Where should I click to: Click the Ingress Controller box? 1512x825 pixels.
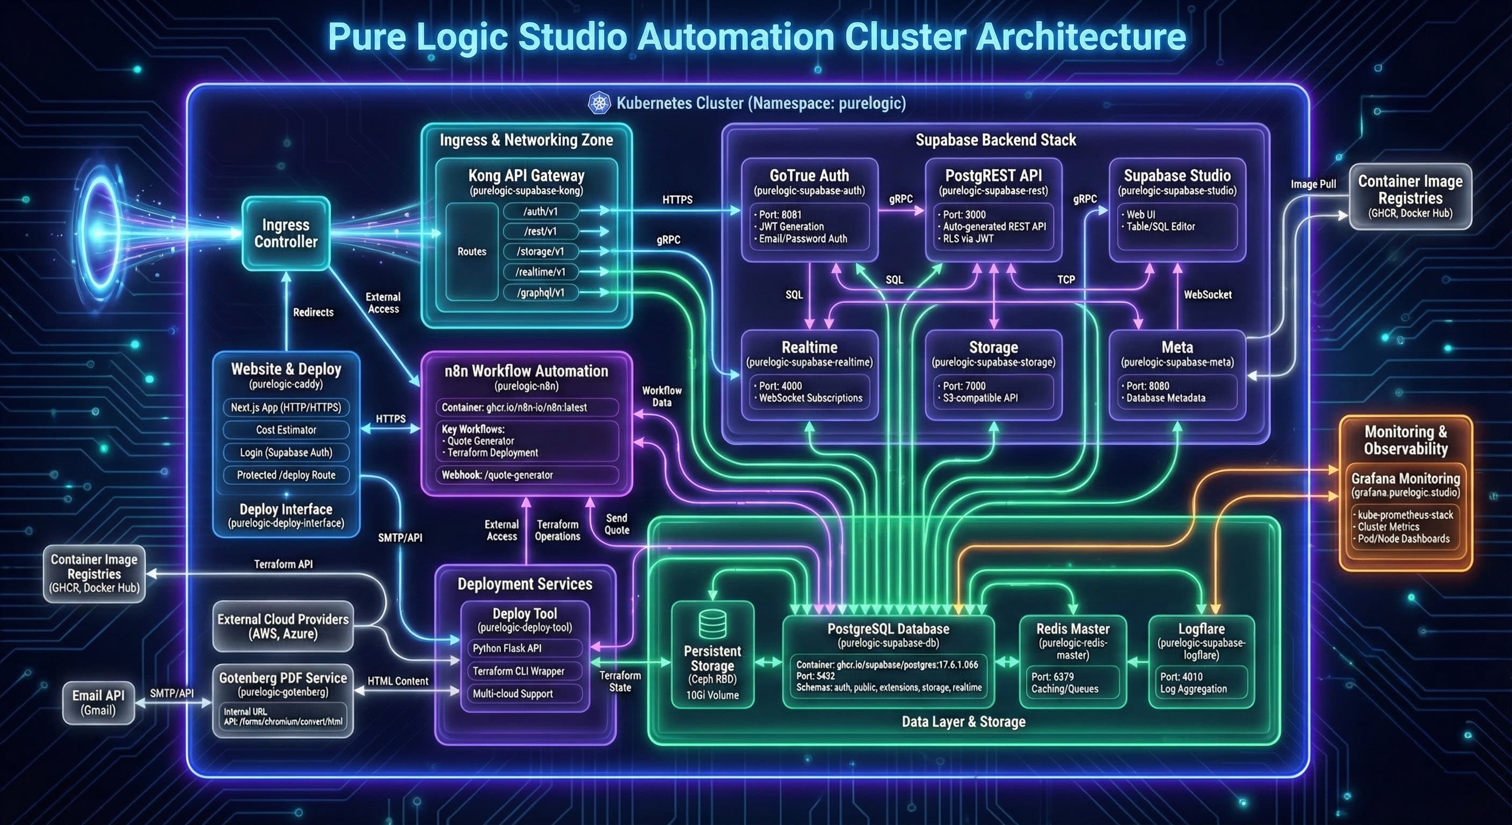(x=286, y=233)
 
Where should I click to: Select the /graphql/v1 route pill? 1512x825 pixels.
(x=541, y=292)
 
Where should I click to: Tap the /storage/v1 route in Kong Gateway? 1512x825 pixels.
(x=541, y=251)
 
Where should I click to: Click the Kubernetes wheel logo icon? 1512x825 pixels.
(x=599, y=103)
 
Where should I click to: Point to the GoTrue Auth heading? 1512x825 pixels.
(x=809, y=175)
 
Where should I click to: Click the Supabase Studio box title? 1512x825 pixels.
(x=1177, y=175)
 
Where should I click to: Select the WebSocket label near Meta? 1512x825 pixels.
(x=1208, y=295)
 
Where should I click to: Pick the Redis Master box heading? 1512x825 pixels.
(x=1072, y=629)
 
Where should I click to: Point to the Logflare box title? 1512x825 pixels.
(x=1201, y=629)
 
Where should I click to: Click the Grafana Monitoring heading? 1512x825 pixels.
(x=1405, y=479)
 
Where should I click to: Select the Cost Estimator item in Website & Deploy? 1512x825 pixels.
(x=286, y=430)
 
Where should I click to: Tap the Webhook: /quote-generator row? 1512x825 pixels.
(x=526, y=474)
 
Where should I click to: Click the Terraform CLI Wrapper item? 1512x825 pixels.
(x=519, y=670)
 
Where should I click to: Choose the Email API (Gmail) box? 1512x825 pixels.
(x=98, y=703)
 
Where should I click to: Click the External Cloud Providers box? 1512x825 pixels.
(x=283, y=626)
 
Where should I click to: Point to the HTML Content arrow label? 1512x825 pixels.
(x=397, y=681)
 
